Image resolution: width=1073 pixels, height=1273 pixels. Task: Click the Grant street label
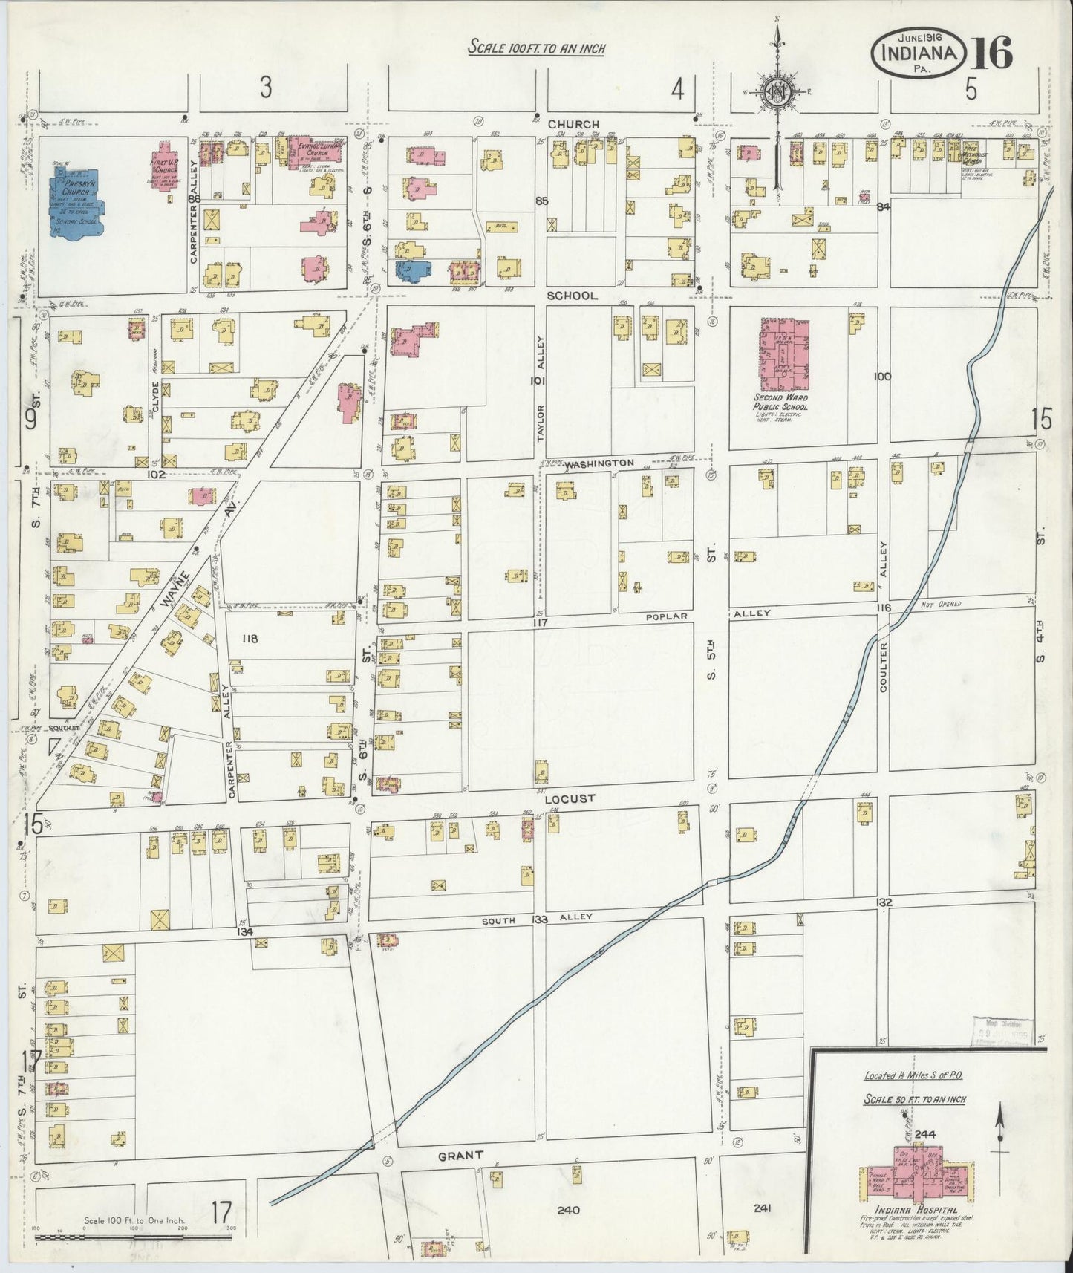[x=460, y=1156]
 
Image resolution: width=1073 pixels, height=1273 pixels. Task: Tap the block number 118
[x=250, y=637]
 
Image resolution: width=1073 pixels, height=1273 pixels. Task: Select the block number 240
[x=568, y=1210]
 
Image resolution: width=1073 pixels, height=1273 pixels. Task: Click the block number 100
[x=882, y=377]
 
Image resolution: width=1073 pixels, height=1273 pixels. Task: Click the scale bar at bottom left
[x=134, y=1238]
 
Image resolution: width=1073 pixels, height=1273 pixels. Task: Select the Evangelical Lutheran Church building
[x=310, y=151]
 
